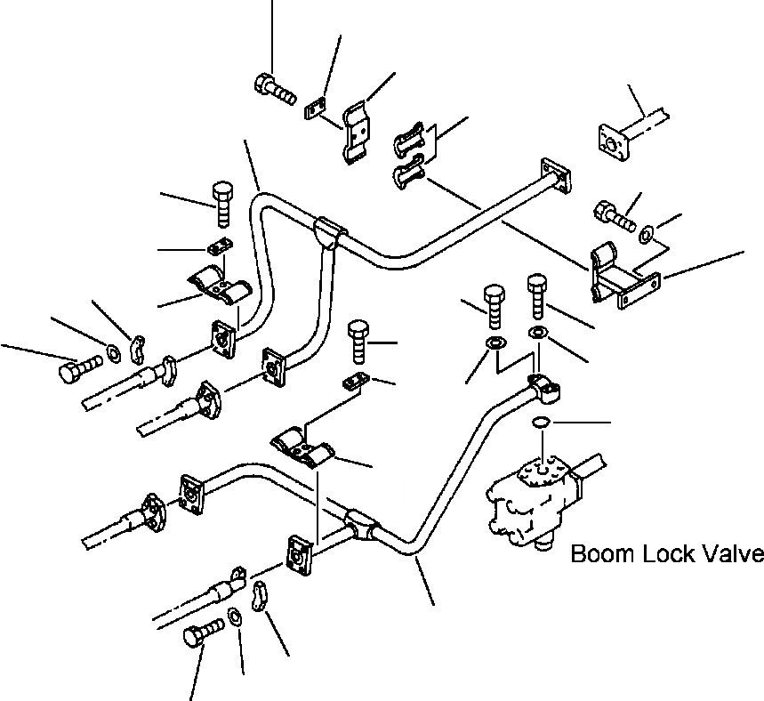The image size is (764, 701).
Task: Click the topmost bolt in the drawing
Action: point(275,89)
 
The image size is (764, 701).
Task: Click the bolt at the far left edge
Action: point(80,369)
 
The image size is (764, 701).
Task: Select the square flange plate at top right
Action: point(614,141)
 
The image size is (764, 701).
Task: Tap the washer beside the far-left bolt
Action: point(115,353)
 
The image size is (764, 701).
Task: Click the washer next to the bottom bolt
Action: point(236,616)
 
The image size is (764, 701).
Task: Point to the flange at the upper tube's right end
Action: point(556,176)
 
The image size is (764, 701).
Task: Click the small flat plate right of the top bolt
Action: point(315,108)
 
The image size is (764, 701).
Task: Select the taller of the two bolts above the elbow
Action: point(537,296)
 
